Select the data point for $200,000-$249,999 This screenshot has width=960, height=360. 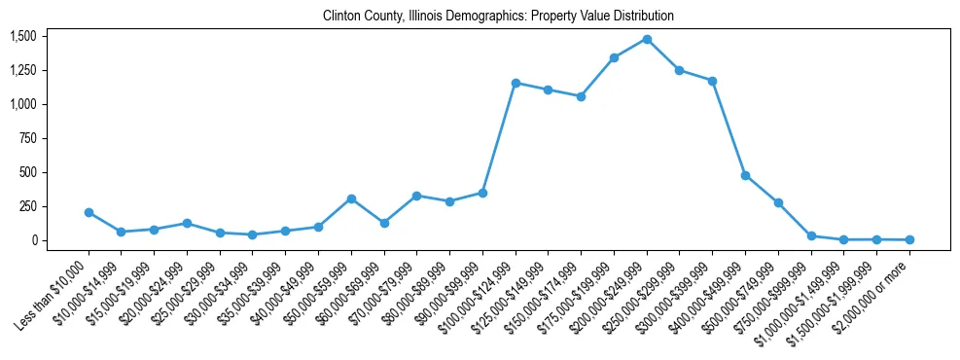point(647,39)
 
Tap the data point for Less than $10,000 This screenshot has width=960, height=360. point(89,212)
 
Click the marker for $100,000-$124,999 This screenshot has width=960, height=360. point(516,83)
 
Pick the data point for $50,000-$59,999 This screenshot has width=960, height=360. point(351,198)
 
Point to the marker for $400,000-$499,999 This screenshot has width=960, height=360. point(745,175)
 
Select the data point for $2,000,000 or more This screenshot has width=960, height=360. point(909,239)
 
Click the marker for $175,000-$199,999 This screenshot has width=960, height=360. point(614,57)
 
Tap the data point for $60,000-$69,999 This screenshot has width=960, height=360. point(384,223)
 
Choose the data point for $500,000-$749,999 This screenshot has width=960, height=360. point(778,202)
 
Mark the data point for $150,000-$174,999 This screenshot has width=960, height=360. point(581,96)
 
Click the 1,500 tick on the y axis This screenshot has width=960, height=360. point(23,36)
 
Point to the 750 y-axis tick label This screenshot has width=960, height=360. point(27,138)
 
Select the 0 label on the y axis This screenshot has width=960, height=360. point(33,240)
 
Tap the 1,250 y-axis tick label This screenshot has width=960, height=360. point(23,70)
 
